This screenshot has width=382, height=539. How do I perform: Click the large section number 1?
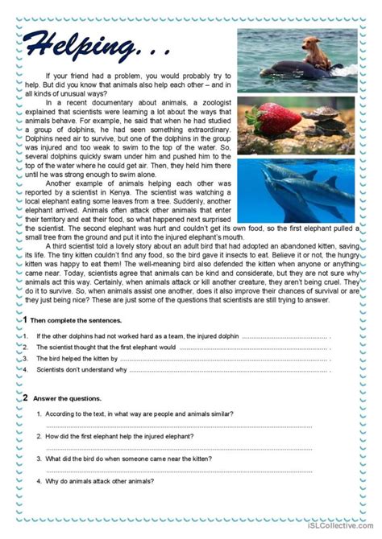(25, 319)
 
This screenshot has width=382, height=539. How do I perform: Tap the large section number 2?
(25, 397)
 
